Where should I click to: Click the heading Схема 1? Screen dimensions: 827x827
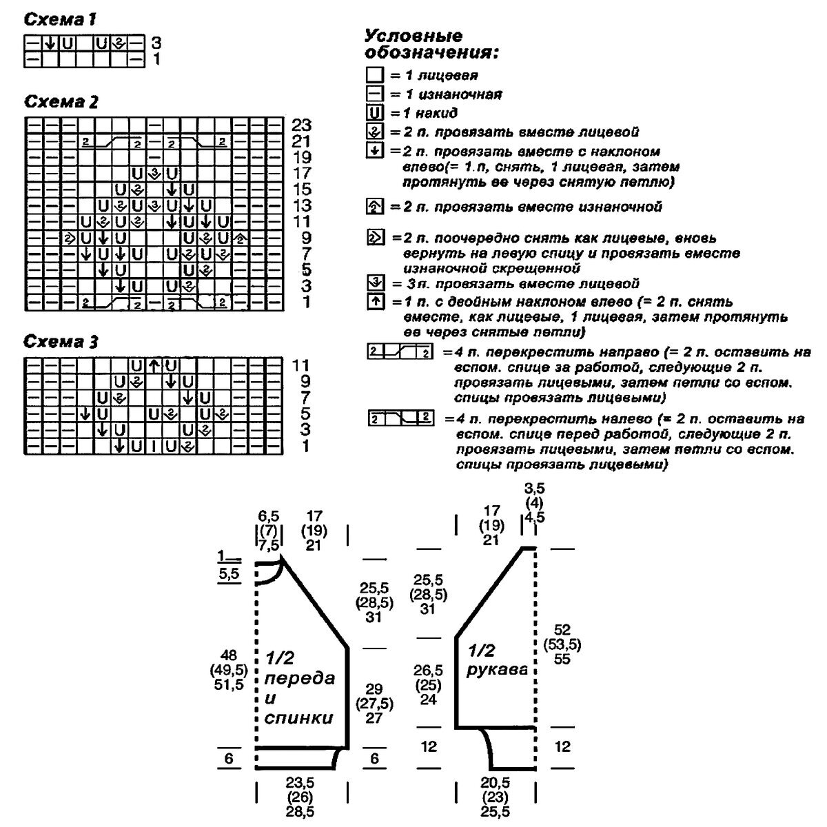point(59,21)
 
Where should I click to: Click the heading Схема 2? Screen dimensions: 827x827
point(61,103)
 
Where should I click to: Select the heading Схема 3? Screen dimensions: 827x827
point(61,342)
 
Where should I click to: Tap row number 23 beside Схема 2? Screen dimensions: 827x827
point(301,125)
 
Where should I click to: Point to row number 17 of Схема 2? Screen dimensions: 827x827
point(301,174)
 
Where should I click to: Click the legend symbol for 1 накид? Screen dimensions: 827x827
point(376,113)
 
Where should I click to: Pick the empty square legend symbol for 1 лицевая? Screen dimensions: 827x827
point(376,75)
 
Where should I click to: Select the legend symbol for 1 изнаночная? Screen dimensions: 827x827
point(376,94)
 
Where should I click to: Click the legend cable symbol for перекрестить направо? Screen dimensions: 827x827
point(400,354)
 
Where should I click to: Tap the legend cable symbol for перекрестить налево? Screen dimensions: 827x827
point(400,418)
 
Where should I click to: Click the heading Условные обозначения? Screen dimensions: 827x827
point(431,44)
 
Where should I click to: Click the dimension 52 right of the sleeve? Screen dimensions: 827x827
point(562,630)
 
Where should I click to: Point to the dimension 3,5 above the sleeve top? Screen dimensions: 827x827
point(535,488)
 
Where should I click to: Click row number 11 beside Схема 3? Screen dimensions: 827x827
point(301,365)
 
